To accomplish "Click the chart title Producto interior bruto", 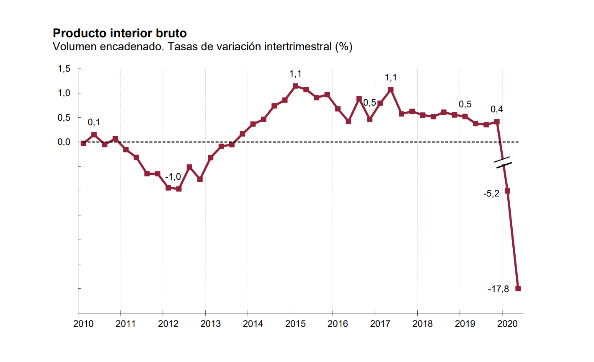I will [x=120, y=33].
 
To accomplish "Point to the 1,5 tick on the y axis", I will [x=64, y=69].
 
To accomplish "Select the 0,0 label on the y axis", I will [x=64, y=142].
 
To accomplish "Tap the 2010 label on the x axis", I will [x=83, y=324].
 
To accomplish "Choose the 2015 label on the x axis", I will [x=295, y=324].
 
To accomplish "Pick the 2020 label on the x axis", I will [x=507, y=324].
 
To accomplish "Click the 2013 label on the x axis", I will [x=211, y=324].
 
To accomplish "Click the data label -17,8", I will [x=498, y=289].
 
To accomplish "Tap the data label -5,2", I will [x=491, y=194].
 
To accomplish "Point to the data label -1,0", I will [x=173, y=177].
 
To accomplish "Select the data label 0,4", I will [x=497, y=110].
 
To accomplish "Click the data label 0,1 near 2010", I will [x=94, y=122].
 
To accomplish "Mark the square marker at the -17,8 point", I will [x=518, y=288].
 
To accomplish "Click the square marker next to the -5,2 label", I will [x=507, y=191].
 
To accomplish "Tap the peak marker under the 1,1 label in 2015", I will [x=295, y=86].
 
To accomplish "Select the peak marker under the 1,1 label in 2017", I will [x=391, y=89].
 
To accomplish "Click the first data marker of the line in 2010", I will [x=83, y=143].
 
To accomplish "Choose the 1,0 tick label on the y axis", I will [x=64, y=93].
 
